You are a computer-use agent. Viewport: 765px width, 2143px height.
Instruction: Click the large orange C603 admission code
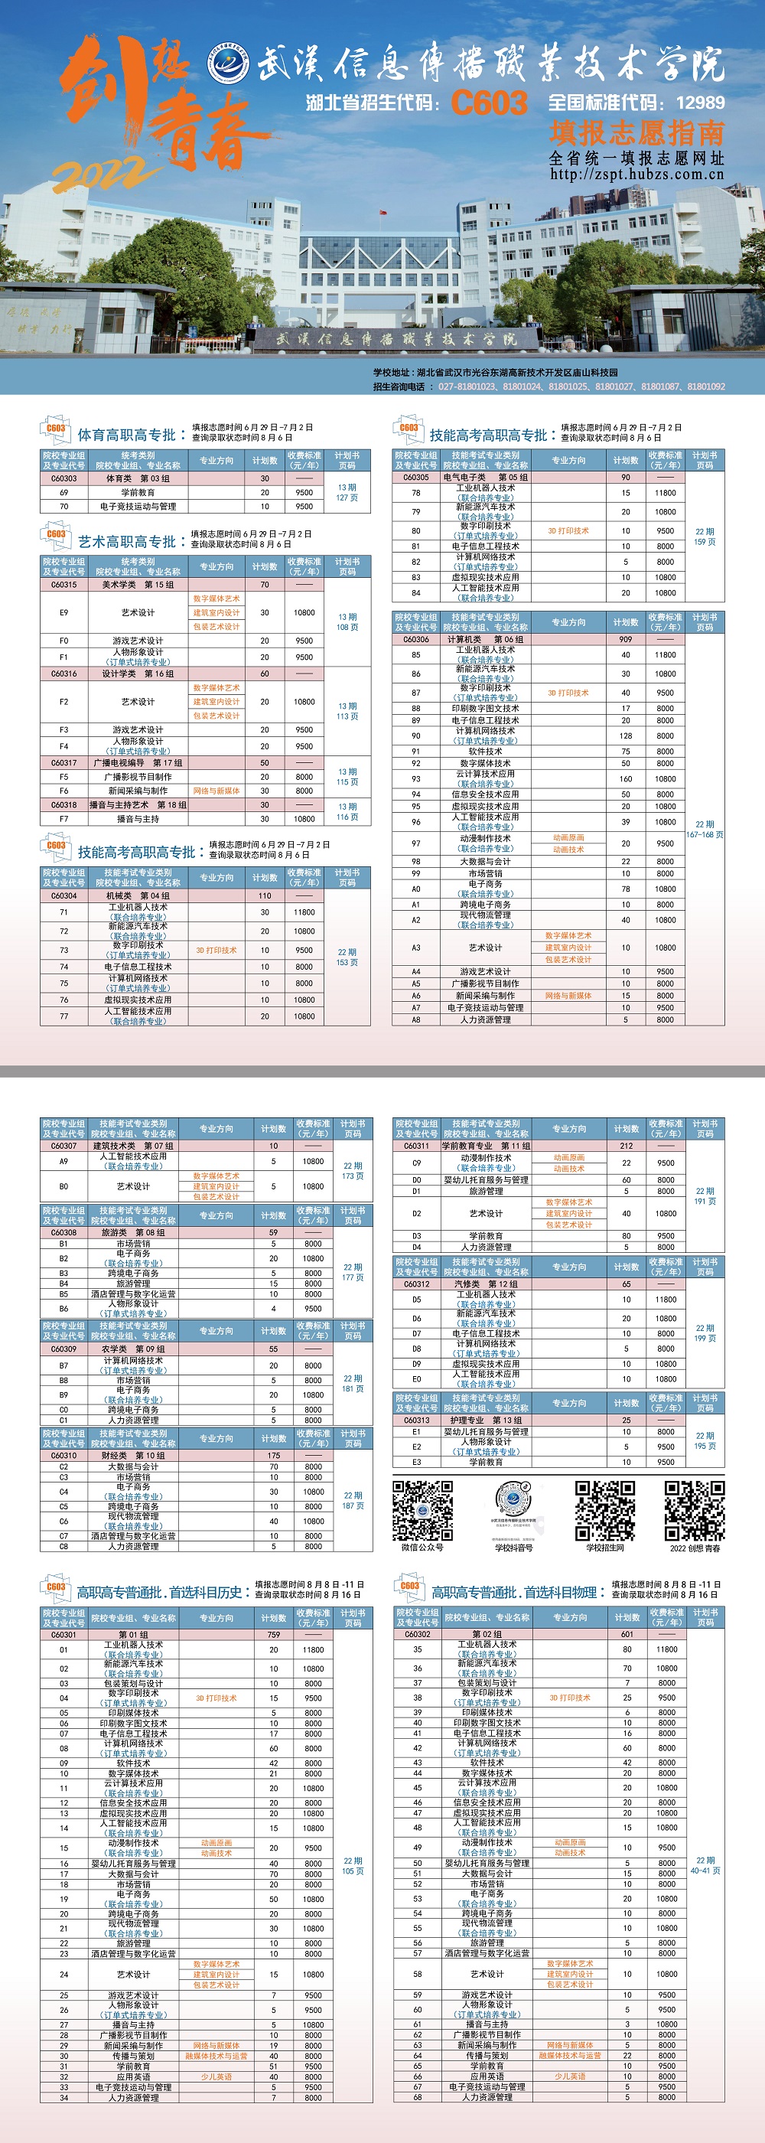pos(489,103)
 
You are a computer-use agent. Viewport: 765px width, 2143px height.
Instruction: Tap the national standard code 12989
pos(700,103)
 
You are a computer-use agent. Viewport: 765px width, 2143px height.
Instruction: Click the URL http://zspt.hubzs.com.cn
pos(636,175)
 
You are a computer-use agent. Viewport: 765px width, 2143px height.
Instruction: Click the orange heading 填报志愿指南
pos(636,133)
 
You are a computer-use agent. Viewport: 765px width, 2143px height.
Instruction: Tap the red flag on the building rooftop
pos(382,212)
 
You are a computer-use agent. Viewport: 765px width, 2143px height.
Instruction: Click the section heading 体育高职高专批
pos(127,435)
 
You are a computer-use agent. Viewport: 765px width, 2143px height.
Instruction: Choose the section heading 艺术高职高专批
pos(127,542)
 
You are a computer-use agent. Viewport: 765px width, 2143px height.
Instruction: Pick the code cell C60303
pos(64,478)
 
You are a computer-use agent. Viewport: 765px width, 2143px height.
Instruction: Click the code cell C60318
pos(64,804)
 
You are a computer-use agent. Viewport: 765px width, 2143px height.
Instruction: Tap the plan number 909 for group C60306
pos(625,640)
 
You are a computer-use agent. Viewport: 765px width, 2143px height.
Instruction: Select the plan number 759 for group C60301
pos(274,1005)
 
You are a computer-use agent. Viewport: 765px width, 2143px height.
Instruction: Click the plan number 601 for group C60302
pos(627,1005)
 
